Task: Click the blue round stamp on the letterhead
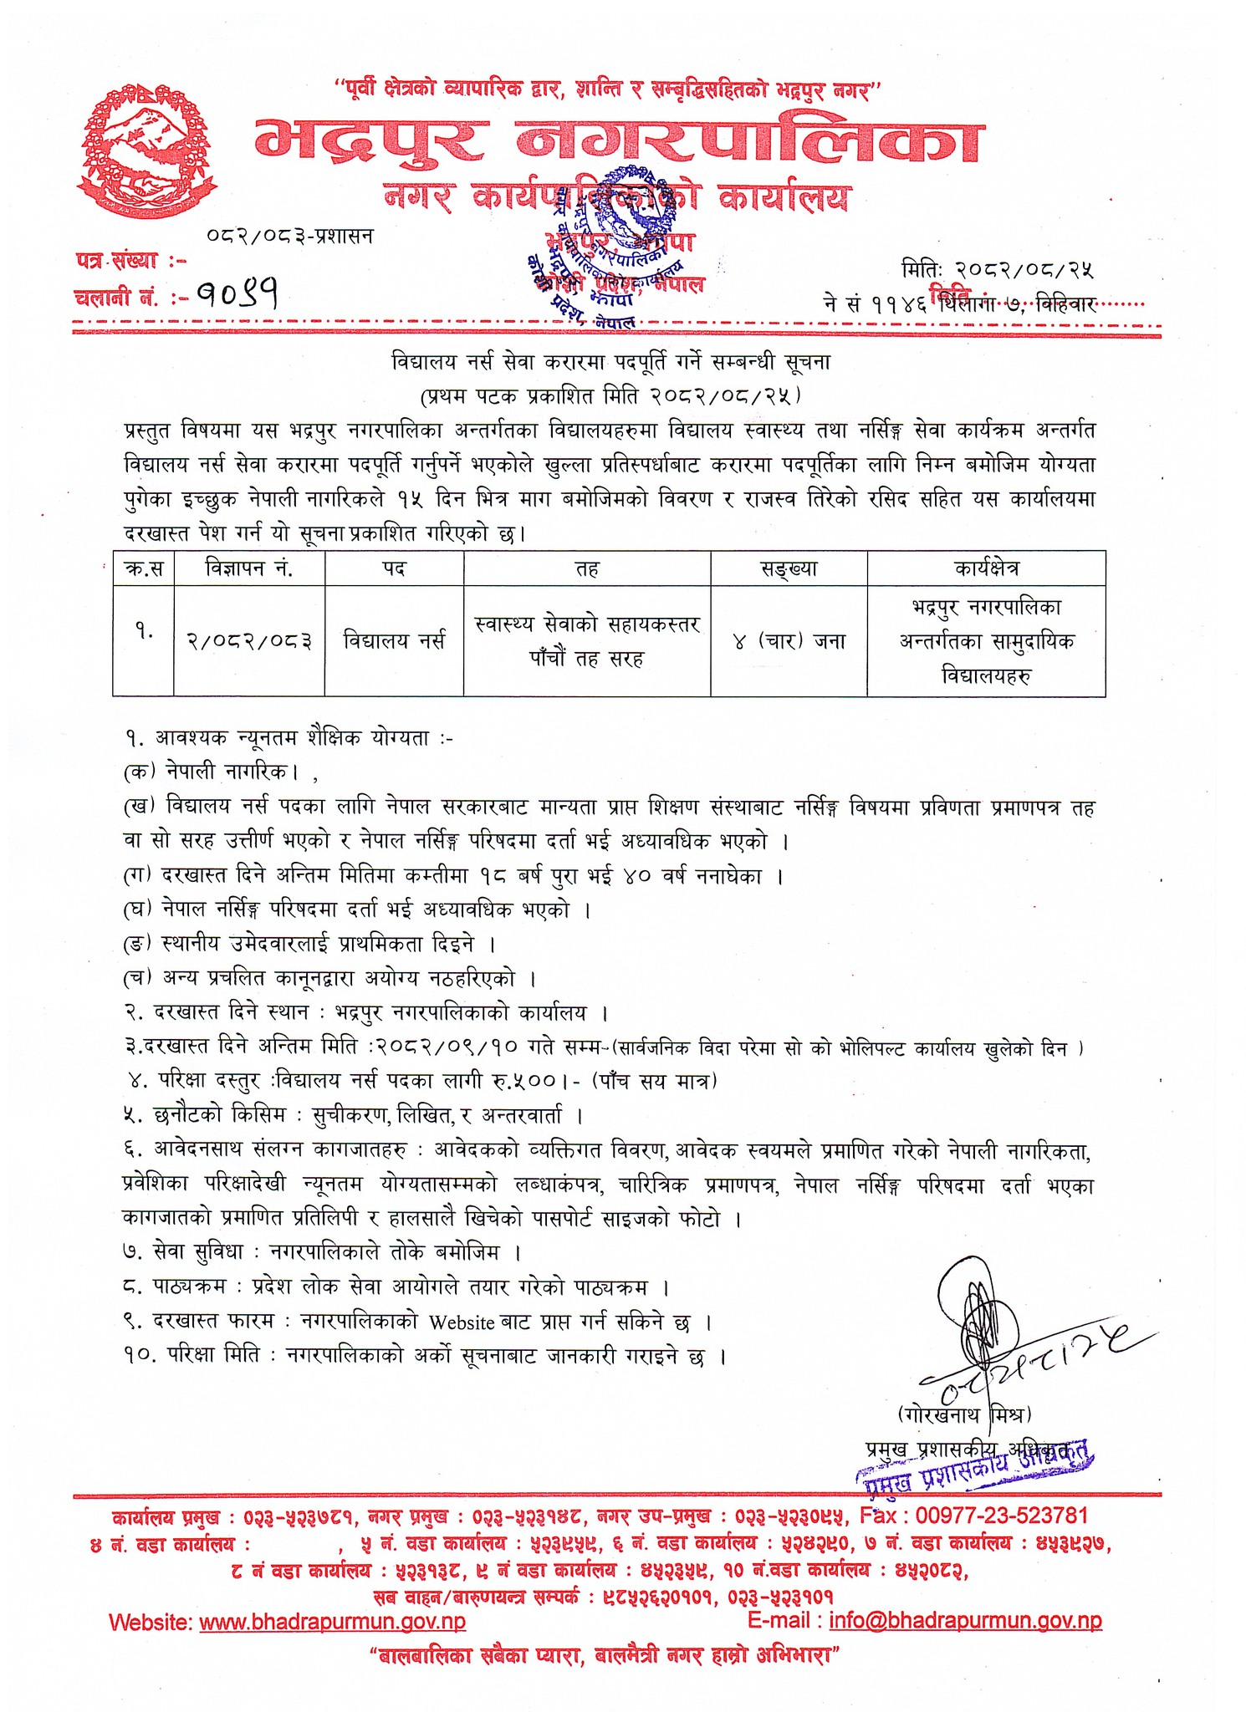(626, 222)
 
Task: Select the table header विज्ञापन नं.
(248, 568)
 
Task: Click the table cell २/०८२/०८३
(249, 641)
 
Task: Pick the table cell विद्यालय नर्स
(394, 641)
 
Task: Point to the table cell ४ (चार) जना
(789, 641)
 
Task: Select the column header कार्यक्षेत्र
(986, 568)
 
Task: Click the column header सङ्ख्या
(789, 568)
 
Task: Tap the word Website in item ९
(461, 1322)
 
